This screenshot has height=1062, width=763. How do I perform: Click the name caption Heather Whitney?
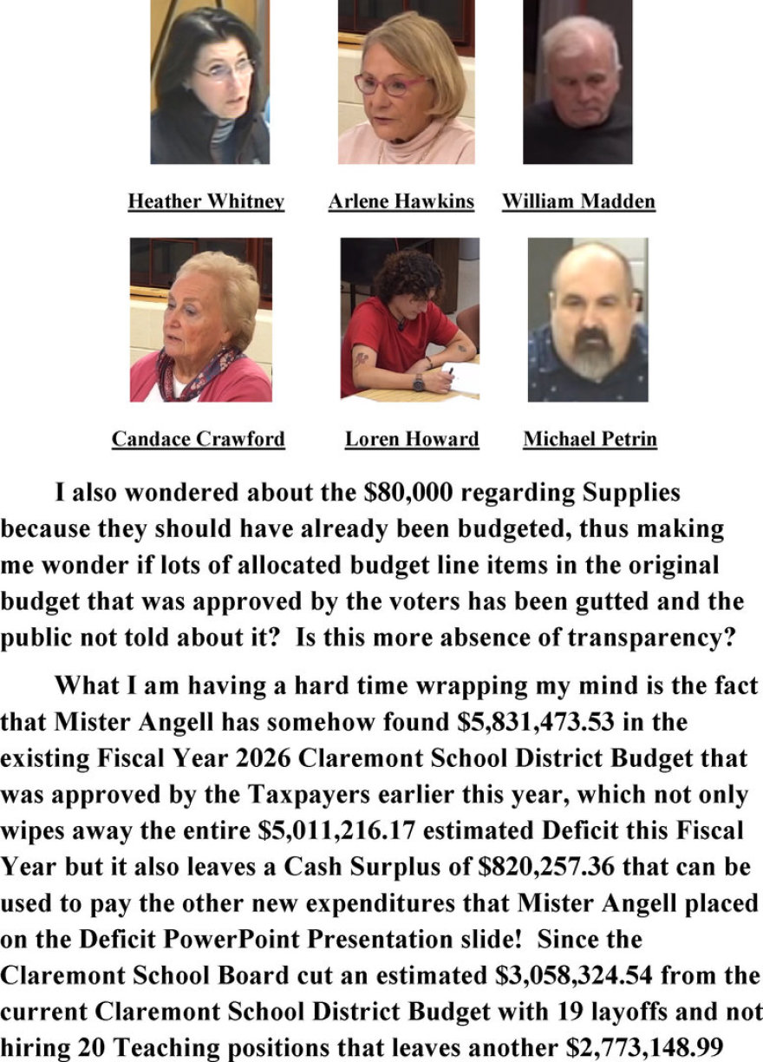[x=205, y=202]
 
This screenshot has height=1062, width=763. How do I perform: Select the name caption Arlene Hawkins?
[x=401, y=202]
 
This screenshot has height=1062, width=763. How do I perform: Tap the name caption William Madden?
[x=578, y=202]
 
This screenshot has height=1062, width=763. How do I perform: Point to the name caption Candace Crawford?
[x=198, y=439]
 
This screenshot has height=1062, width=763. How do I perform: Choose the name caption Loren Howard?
[x=412, y=439]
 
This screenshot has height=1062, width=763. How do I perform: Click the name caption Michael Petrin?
[x=590, y=439]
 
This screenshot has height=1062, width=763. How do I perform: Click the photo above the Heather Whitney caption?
[x=209, y=82]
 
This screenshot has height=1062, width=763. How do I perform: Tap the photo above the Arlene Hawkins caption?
[x=406, y=82]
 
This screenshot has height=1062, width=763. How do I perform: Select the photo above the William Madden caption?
[x=577, y=82]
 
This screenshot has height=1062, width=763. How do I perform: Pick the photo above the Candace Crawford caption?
[x=200, y=319]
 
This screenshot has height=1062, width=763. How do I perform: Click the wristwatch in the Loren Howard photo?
[x=419, y=382]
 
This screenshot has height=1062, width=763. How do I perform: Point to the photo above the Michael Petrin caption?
[x=588, y=319]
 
